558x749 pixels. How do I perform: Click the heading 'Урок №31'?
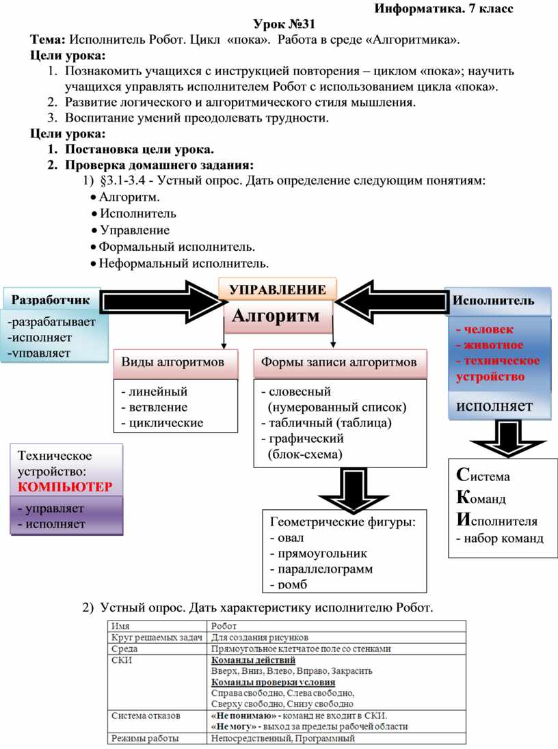pos(278,25)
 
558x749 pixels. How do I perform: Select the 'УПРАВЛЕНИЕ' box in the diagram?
pos(277,289)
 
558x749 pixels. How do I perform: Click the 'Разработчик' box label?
pos(51,299)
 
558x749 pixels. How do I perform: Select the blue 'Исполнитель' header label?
pos(494,300)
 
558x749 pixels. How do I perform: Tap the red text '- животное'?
pos(490,344)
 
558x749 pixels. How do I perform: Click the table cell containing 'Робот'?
pos(224,625)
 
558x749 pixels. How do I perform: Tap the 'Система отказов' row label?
pos(146,716)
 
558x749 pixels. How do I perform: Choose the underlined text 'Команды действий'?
pos(253,660)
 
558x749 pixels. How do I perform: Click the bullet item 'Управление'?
pos(135,230)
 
